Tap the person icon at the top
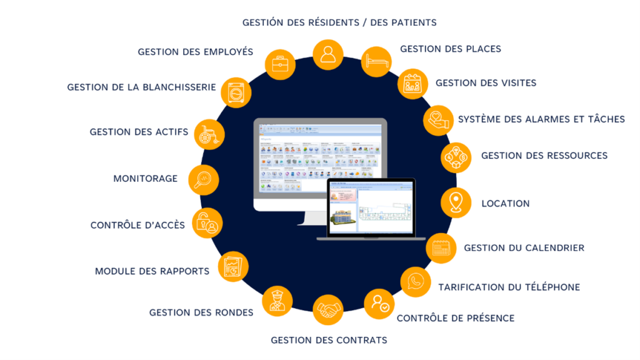[x=327, y=55]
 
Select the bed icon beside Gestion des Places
[x=377, y=62]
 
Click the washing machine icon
[x=236, y=92]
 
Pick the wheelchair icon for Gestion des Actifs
[x=208, y=134]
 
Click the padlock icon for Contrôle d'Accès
[x=206, y=223]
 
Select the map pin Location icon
[x=456, y=202]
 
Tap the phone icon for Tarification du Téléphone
[x=415, y=282]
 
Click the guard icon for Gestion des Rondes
[x=277, y=301]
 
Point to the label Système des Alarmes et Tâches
[x=541, y=119]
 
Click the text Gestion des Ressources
[x=544, y=156]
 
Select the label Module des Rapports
[x=152, y=271]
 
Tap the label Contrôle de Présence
[x=456, y=318]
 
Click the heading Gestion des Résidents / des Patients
[x=339, y=22]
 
